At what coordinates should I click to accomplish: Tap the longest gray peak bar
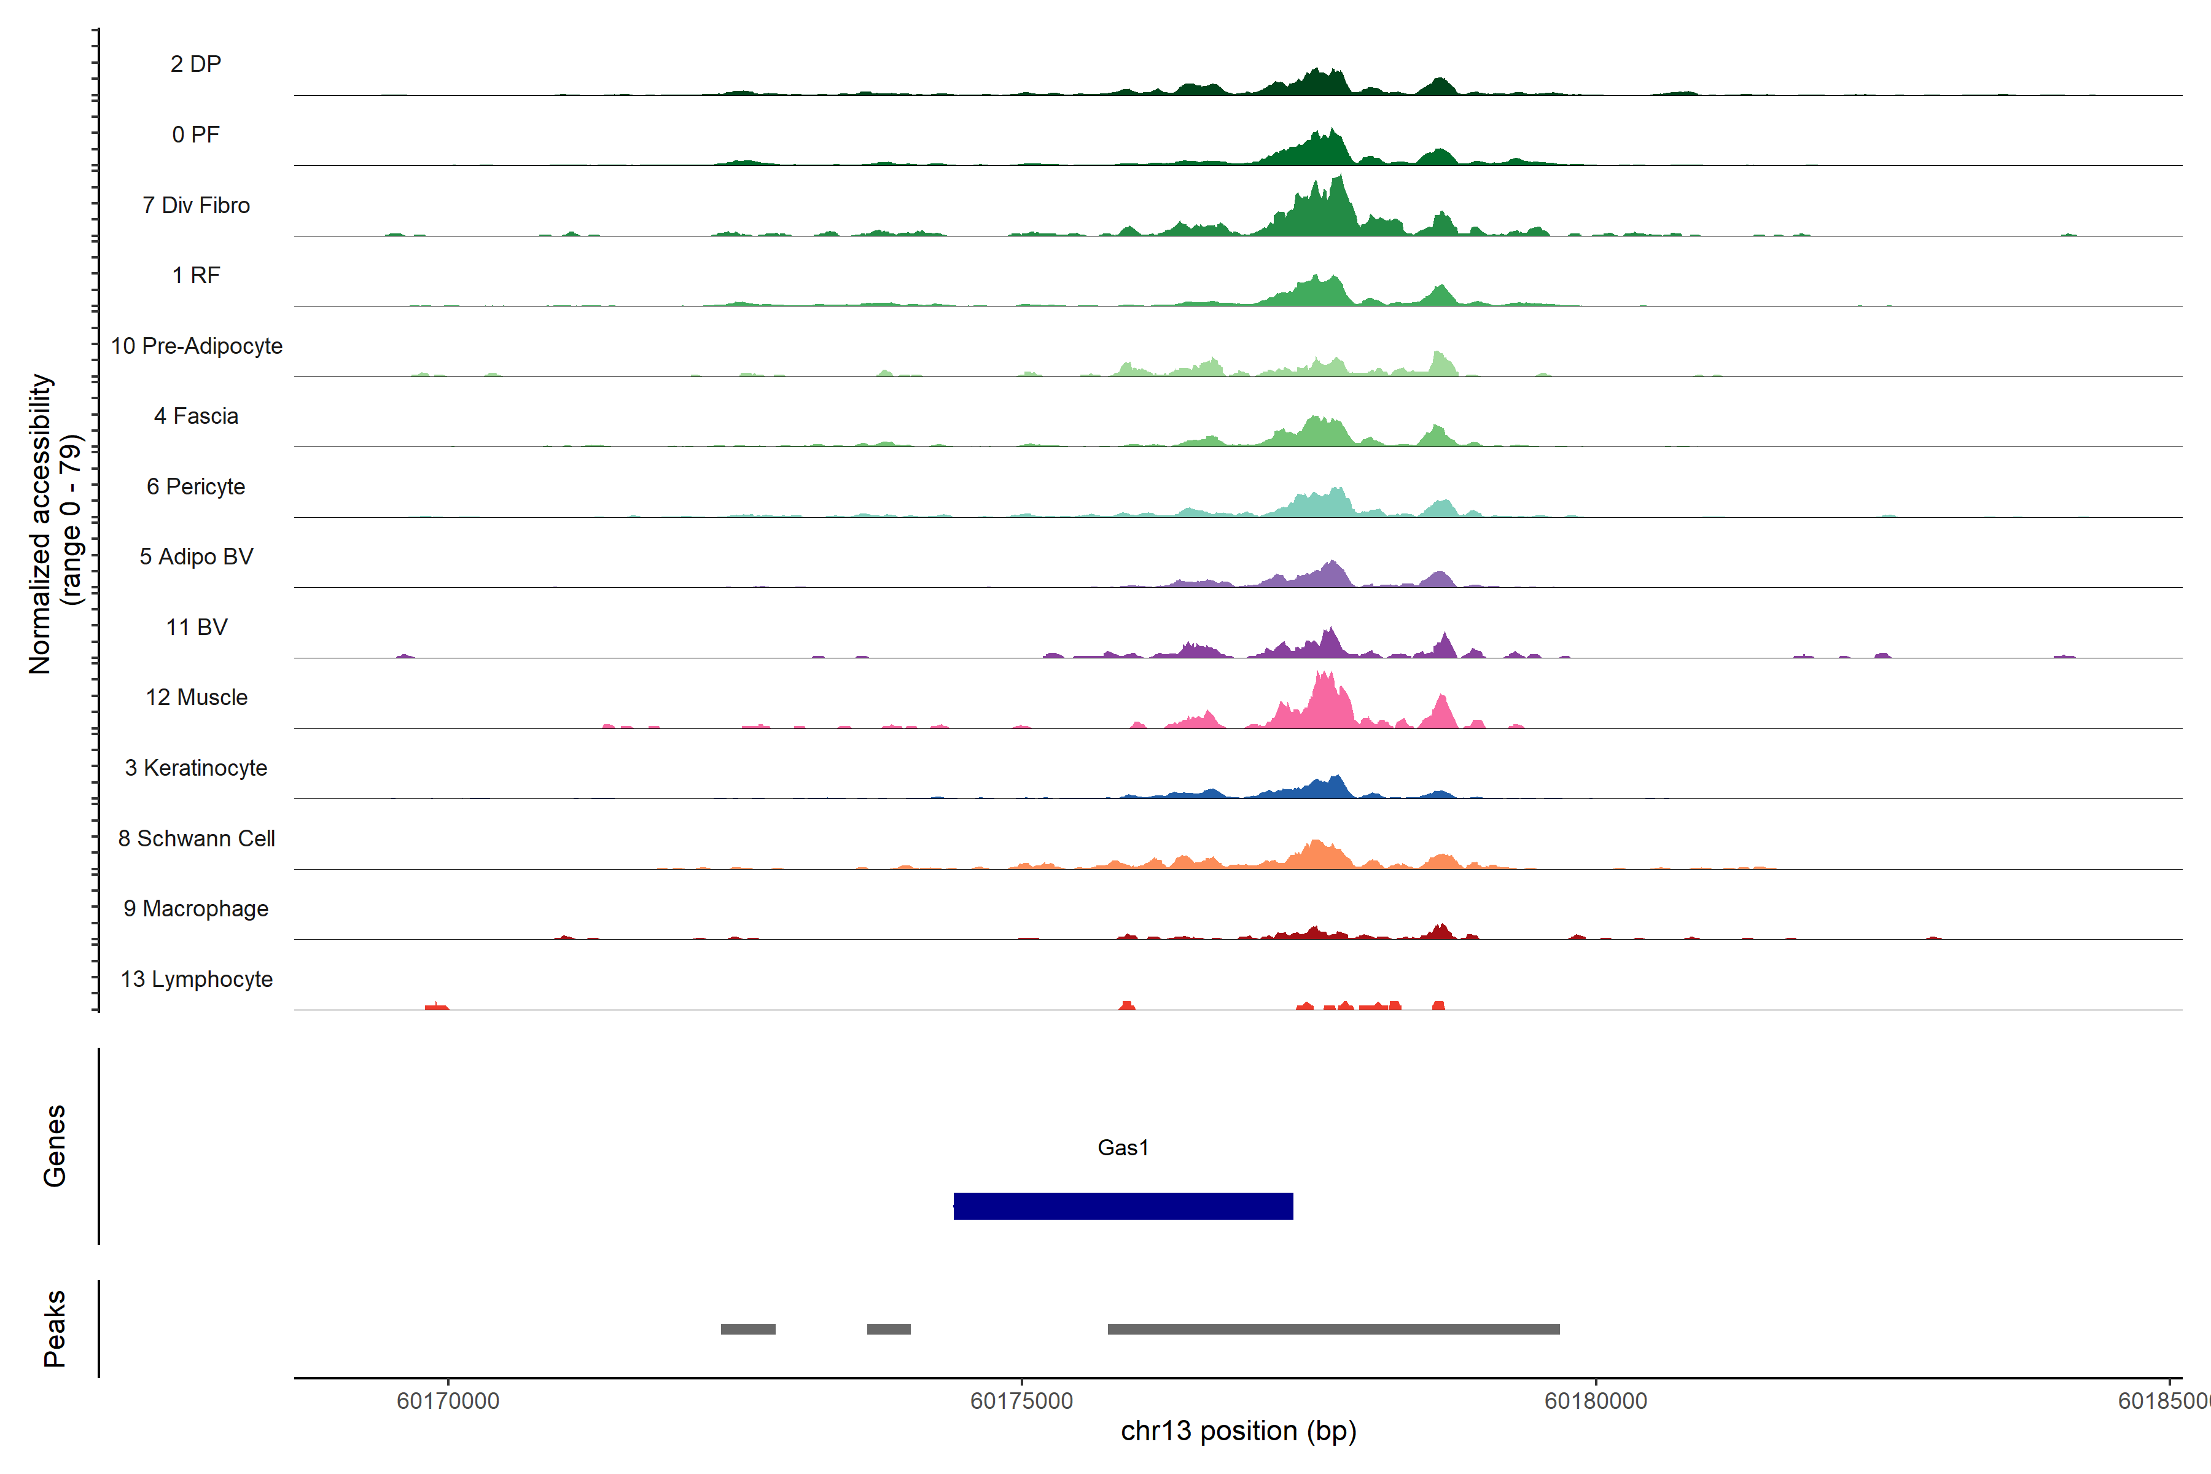(1333, 1329)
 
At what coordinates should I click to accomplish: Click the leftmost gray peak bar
(747, 1329)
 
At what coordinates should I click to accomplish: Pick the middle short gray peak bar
(888, 1329)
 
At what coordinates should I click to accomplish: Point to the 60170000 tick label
(448, 1401)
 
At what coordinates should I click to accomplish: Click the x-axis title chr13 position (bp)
(1238, 1431)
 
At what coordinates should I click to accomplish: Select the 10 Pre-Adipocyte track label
(197, 346)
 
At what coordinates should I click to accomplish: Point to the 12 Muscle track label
(197, 698)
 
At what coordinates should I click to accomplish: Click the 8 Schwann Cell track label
(197, 838)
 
